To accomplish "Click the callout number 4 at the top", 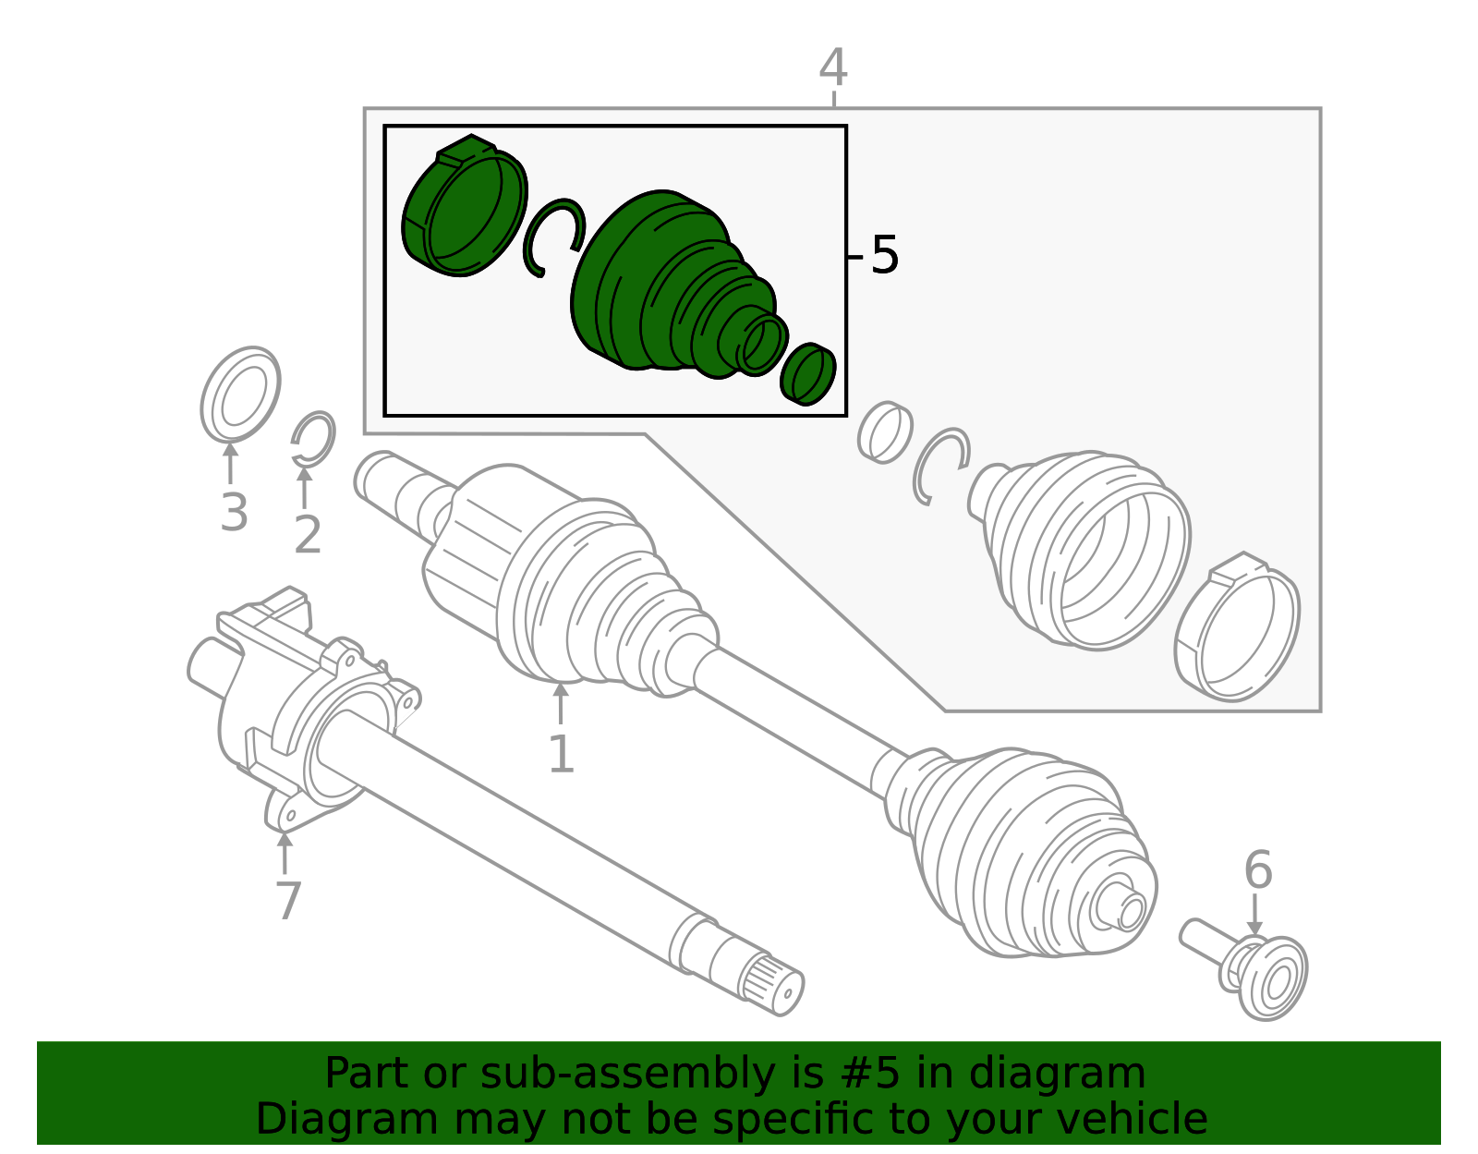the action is pos(833,68).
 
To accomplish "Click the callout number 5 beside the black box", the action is pos(884,255).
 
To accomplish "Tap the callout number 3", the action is pos(234,512).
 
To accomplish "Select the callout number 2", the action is pos(307,535).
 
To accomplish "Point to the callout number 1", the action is pos(561,753).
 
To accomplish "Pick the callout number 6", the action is pos(1257,869).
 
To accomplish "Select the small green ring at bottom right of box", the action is pos(807,374).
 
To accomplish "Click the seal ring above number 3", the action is pos(240,395).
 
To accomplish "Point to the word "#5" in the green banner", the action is pos(869,1073).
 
